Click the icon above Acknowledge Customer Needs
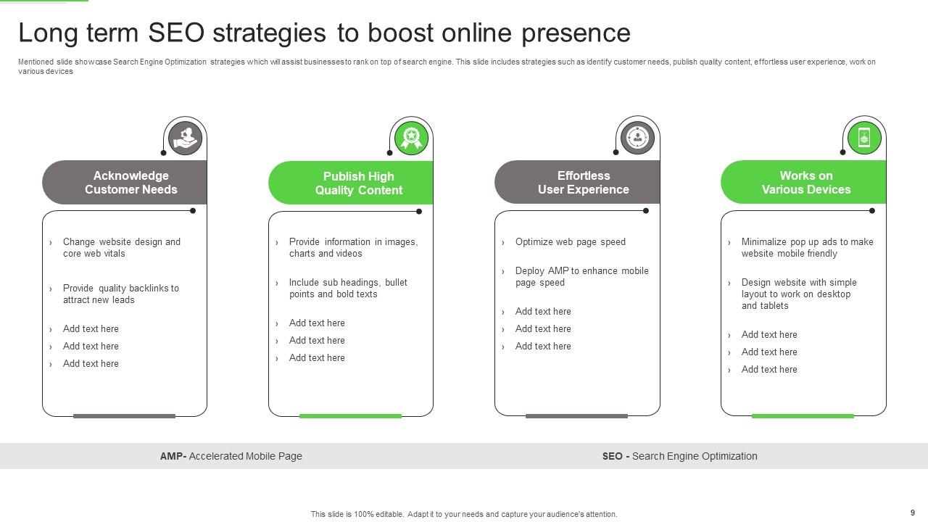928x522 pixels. pyautogui.click(x=185, y=137)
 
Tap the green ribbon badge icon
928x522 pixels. pyautogui.click(x=411, y=137)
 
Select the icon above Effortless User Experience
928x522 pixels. pyautogui.click(x=637, y=137)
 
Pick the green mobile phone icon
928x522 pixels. pyautogui.click(x=863, y=137)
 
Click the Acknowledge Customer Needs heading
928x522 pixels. pyautogui.click(x=131, y=183)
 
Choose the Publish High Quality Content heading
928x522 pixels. pyautogui.click(x=358, y=183)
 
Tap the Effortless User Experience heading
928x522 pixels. pyautogui.click(x=584, y=183)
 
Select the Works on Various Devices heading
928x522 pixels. pyautogui.click(x=806, y=183)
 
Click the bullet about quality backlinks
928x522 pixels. pyautogui.click(x=120, y=294)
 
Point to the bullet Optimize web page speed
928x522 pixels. pyautogui.click(x=570, y=242)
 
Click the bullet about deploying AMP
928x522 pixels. pyautogui.click(x=581, y=276)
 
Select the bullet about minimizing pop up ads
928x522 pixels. pyautogui.click(x=807, y=247)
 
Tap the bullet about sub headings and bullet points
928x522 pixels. pyautogui.click(x=348, y=288)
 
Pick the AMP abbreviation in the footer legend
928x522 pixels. pyautogui.click(x=173, y=456)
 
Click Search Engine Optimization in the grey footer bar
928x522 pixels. pyautogui.click(x=695, y=456)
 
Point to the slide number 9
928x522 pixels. pyautogui.click(x=913, y=513)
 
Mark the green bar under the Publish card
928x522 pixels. pyautogui.click(x=350, y=416)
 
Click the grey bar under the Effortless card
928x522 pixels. pyautogui.click(x=576, y=416)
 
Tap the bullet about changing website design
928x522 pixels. pyautogui.click(x=121, y=247)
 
